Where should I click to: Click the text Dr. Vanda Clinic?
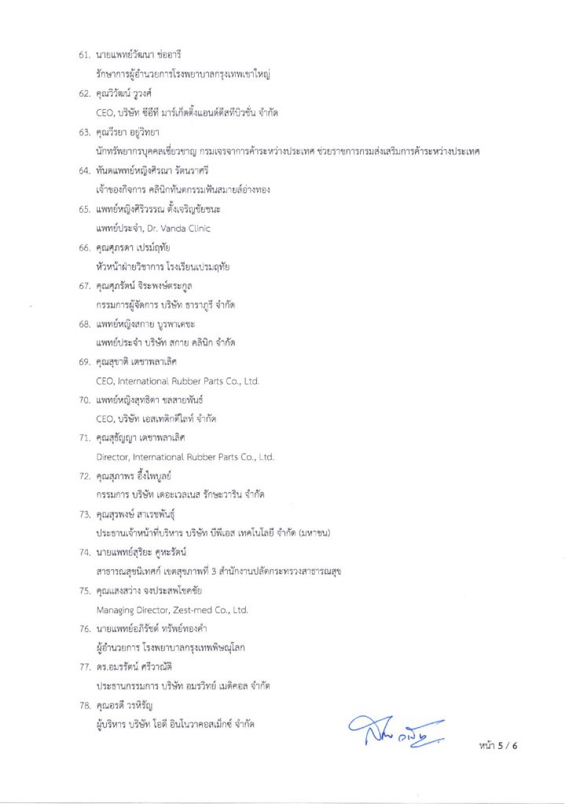pos(175,228)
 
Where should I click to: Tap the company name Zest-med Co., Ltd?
pos(210,609)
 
